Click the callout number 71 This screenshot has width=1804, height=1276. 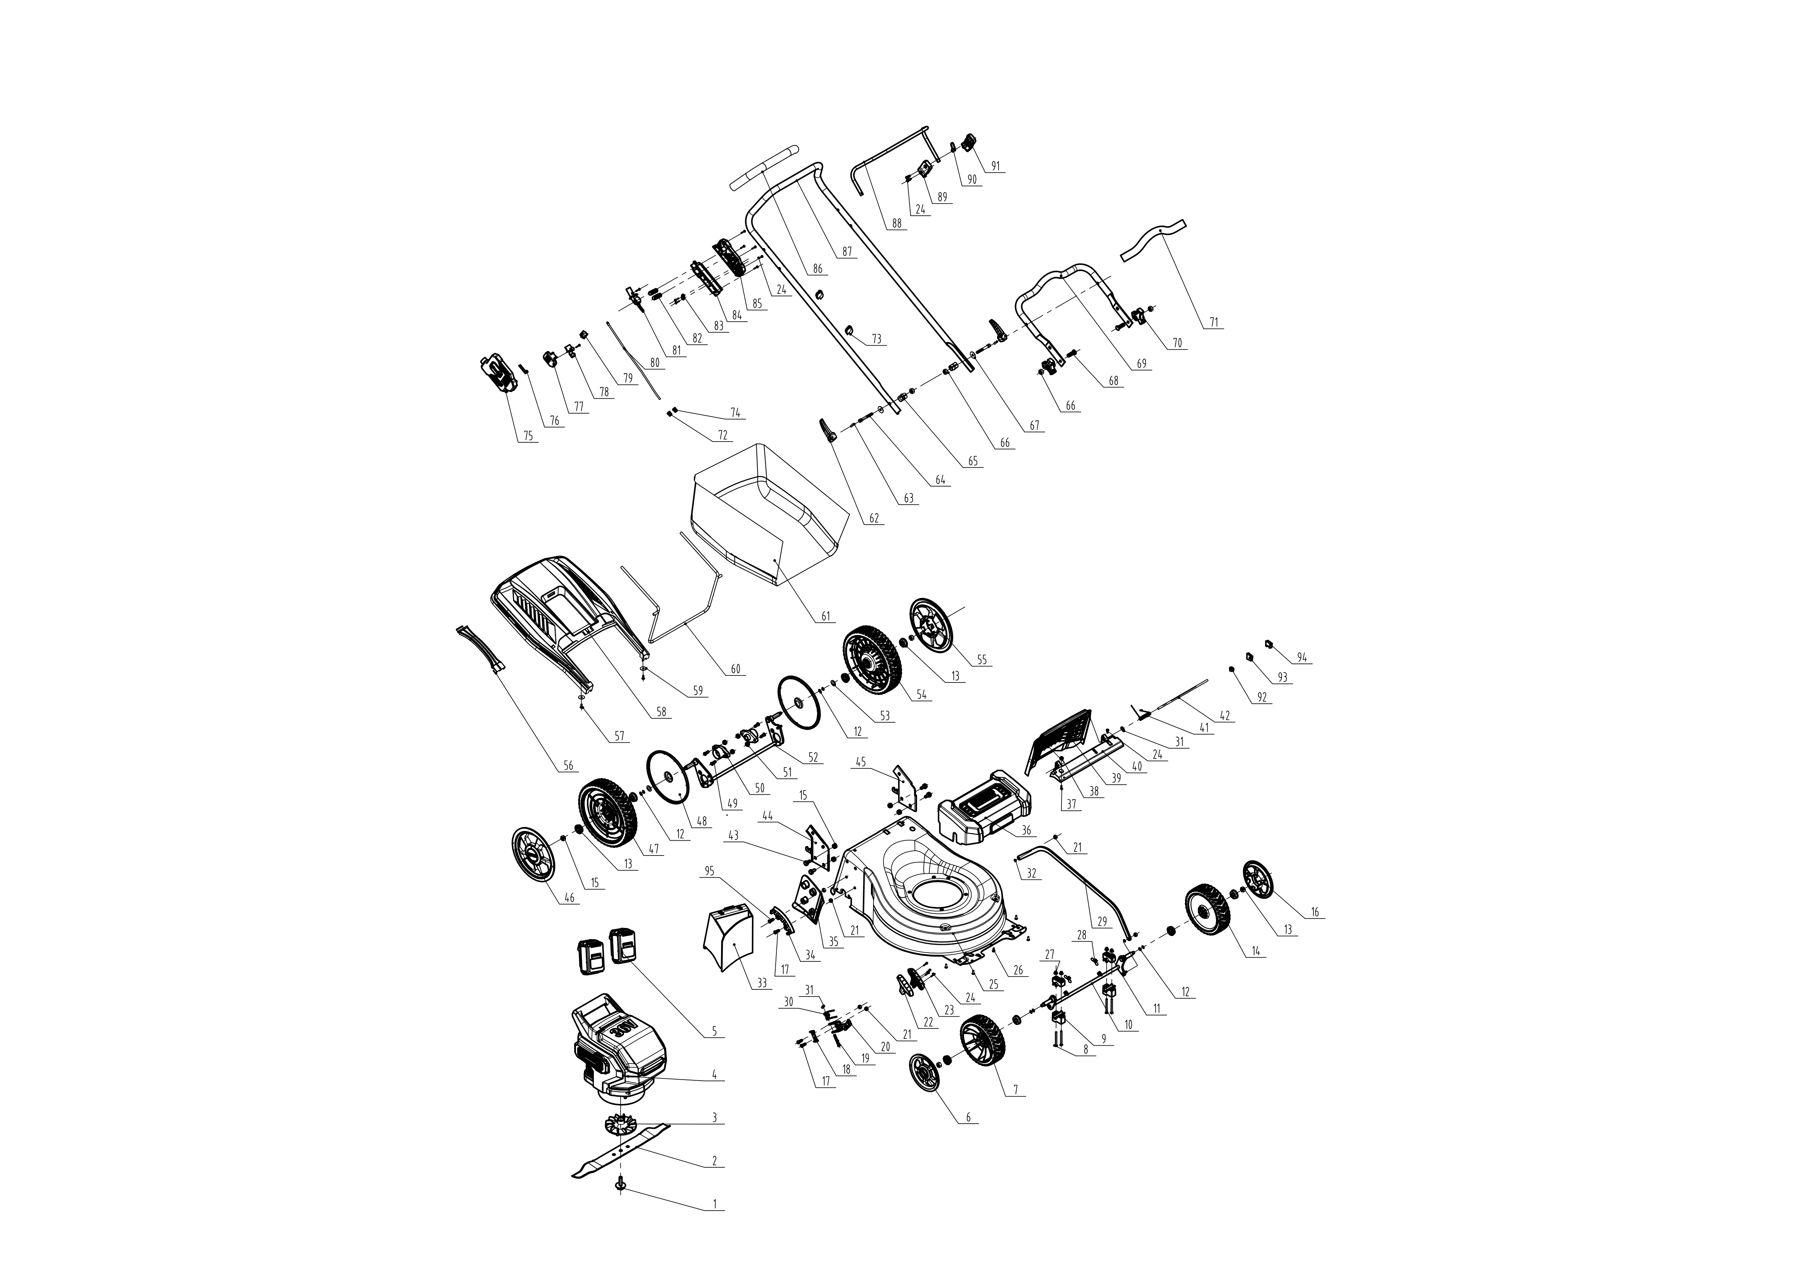[x=1214, y=322]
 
